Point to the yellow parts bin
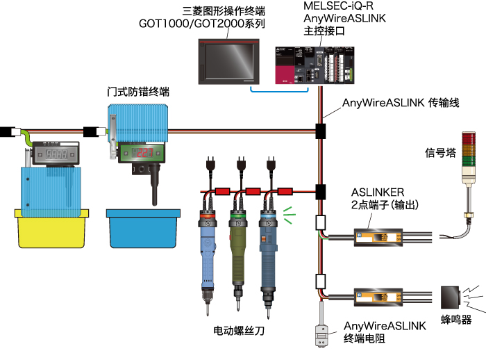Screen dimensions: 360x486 49,227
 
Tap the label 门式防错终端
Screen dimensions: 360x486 138,92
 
